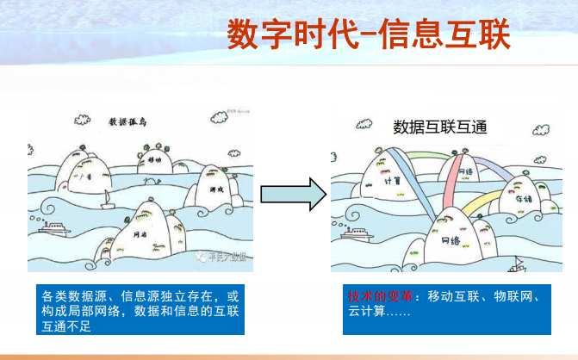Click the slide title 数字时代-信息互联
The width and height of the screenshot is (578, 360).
(x=369, y=34)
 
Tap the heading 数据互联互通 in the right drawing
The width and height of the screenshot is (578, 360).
(x=440, y=127)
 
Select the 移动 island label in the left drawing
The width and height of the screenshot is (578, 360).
(x=154, y=159)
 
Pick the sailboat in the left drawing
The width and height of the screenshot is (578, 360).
(x=105, y=202)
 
